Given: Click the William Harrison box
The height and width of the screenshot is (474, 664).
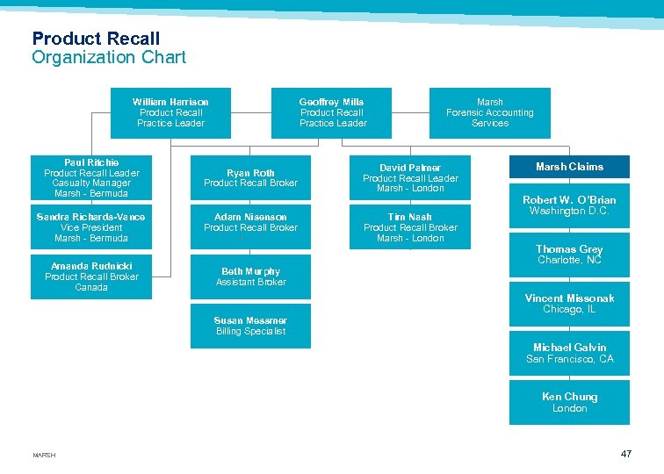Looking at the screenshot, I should (x=170, y=112).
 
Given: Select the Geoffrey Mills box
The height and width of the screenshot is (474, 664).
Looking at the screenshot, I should (x=332, y=112).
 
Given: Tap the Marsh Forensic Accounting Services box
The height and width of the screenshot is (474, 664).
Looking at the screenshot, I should (x=489, y=112).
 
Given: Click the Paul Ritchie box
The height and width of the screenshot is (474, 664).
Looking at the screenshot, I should (x=91, y=178).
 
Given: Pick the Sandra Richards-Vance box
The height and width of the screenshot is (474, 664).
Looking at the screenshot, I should (x=91, y=227).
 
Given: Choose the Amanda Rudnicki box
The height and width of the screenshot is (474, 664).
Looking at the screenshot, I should (x=91, y=276).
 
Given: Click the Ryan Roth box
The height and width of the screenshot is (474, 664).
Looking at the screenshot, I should (x=250, y=178).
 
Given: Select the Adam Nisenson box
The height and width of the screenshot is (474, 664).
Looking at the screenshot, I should (x=250, y=222).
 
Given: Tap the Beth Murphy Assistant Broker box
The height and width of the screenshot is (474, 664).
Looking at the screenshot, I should (x=250, y=276).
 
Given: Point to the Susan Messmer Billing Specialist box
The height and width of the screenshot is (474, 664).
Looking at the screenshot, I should (x=250, y=326).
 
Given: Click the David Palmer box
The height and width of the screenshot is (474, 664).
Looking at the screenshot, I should (x=410, y=178).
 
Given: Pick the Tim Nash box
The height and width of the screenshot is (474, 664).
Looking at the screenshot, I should (x=410, y=227).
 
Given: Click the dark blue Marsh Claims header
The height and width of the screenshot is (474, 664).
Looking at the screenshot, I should (x=569, y=167).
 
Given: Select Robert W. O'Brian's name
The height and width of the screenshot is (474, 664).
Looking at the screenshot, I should (x=569, y=200).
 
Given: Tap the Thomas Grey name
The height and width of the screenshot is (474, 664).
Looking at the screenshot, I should (x=569, y=249).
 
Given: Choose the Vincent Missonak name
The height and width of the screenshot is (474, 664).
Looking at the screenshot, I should (x=569, y=298).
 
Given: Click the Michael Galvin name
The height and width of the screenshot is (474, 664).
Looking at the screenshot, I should (x=569, y=348).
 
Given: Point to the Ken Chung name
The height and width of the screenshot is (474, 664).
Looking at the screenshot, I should (x=569, y=397).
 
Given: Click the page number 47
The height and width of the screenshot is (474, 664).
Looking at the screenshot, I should (x=626, y=454).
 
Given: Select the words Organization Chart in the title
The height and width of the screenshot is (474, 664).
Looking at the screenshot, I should (x=109, y=58).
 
